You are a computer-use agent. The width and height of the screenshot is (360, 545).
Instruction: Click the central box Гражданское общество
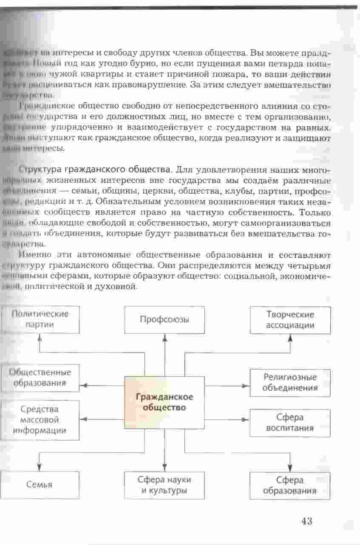pyautogui.click(x=164, y=402)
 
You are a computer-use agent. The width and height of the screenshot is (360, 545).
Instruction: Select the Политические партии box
pyautogui.click(x=40, y=319)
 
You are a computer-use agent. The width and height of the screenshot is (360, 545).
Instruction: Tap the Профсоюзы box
pyautogui.click(x=164, y=319)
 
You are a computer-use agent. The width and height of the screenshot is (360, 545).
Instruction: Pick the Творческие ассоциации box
pyautogui.click(x=290, y=320)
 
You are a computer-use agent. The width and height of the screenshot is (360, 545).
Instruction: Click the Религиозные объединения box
pyautogui.click(x=290, y=382)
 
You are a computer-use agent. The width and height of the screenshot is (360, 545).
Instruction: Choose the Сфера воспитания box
pyautogui.click(x=290, y=423)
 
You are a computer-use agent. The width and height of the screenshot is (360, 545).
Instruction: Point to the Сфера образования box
pyautogui.click(x=289, y=486)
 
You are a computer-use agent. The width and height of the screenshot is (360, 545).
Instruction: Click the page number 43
pyautogui.click(x=306, y=521)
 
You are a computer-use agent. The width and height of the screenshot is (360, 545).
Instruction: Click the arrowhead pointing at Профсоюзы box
pyautogui.click(x=164, y=337)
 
